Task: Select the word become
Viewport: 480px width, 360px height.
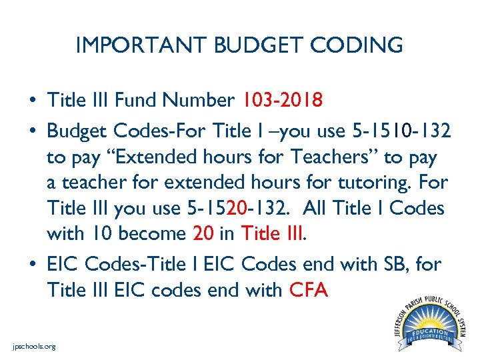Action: (x=155, y=234)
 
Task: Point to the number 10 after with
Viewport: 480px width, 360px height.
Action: (x=101, y=234)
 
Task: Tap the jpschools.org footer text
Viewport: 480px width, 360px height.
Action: (x=34, y=347)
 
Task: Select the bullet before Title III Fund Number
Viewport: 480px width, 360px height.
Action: (x=32, y=101)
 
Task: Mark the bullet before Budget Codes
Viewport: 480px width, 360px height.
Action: (x=32, y=128)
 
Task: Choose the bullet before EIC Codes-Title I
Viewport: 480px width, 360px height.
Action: (x=32, y=265)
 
